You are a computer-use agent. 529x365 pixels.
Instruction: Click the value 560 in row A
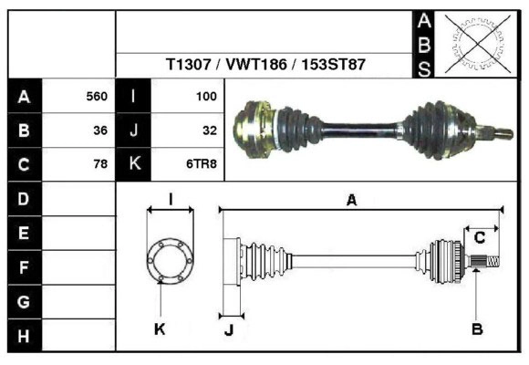click(96, 96)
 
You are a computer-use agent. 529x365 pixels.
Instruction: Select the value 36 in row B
click(99, 130)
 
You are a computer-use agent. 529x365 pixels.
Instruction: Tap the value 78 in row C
click(99, 164)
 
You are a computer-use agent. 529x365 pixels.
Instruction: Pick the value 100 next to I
click(205, 96)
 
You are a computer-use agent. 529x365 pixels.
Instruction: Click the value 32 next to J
click(209, 130)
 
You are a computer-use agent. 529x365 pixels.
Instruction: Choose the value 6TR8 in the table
click(202, 164)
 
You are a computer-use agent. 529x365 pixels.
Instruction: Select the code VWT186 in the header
click(249, 66)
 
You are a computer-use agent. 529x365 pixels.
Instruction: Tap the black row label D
click(24, 198)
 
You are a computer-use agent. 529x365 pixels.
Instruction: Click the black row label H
click(24, 336)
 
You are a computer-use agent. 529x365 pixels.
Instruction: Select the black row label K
click(134, 164)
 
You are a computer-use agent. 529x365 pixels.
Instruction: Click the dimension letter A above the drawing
click(351, 202)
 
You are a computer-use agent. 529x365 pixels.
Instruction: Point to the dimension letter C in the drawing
click(479, 238)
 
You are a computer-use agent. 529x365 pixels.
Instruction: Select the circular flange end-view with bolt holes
click(171, 261)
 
